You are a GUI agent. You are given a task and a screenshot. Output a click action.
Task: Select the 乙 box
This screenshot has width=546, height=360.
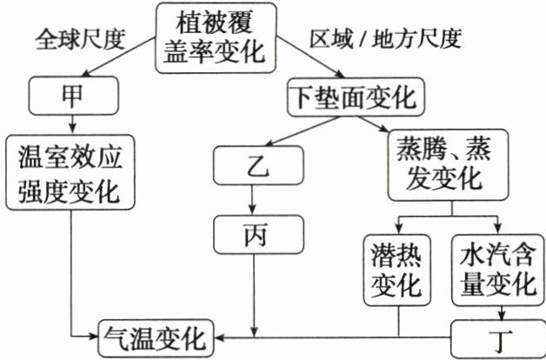(x=254, y=163)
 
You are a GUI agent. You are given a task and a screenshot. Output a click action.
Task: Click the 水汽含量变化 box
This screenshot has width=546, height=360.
(x=495, y=270)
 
